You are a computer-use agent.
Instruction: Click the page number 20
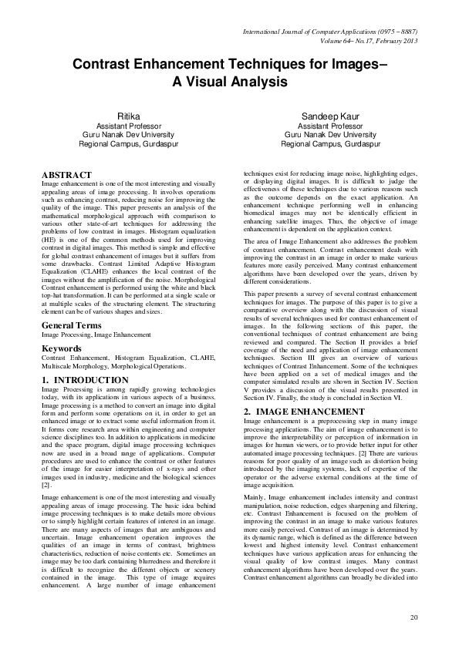coord(414,617)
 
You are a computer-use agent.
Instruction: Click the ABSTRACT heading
coord(66,175)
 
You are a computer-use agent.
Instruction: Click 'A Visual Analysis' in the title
coord(229,81)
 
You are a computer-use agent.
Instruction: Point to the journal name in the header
coord(330,32)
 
